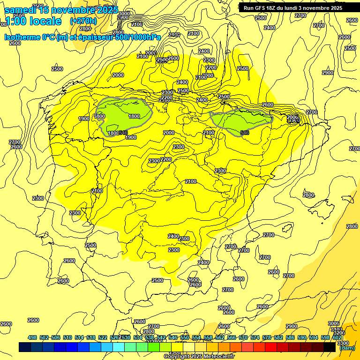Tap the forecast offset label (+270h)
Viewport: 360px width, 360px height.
[x=83, y=21]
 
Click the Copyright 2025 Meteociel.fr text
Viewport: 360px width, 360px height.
[x=199, y=357]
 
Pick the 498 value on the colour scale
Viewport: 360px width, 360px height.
[x=32, y=338]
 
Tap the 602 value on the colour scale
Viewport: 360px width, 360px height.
[x=337, y=338]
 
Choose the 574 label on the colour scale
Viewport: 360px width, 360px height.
[x=255, y=338]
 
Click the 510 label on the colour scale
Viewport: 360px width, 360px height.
[x=67, y=338]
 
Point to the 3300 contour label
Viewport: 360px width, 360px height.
[x=343, y=343]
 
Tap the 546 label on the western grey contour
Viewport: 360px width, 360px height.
[x=123, y=133]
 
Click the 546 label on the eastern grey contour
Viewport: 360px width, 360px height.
[x=244, y=133]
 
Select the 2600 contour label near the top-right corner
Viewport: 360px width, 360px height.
[x=352, y=20]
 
